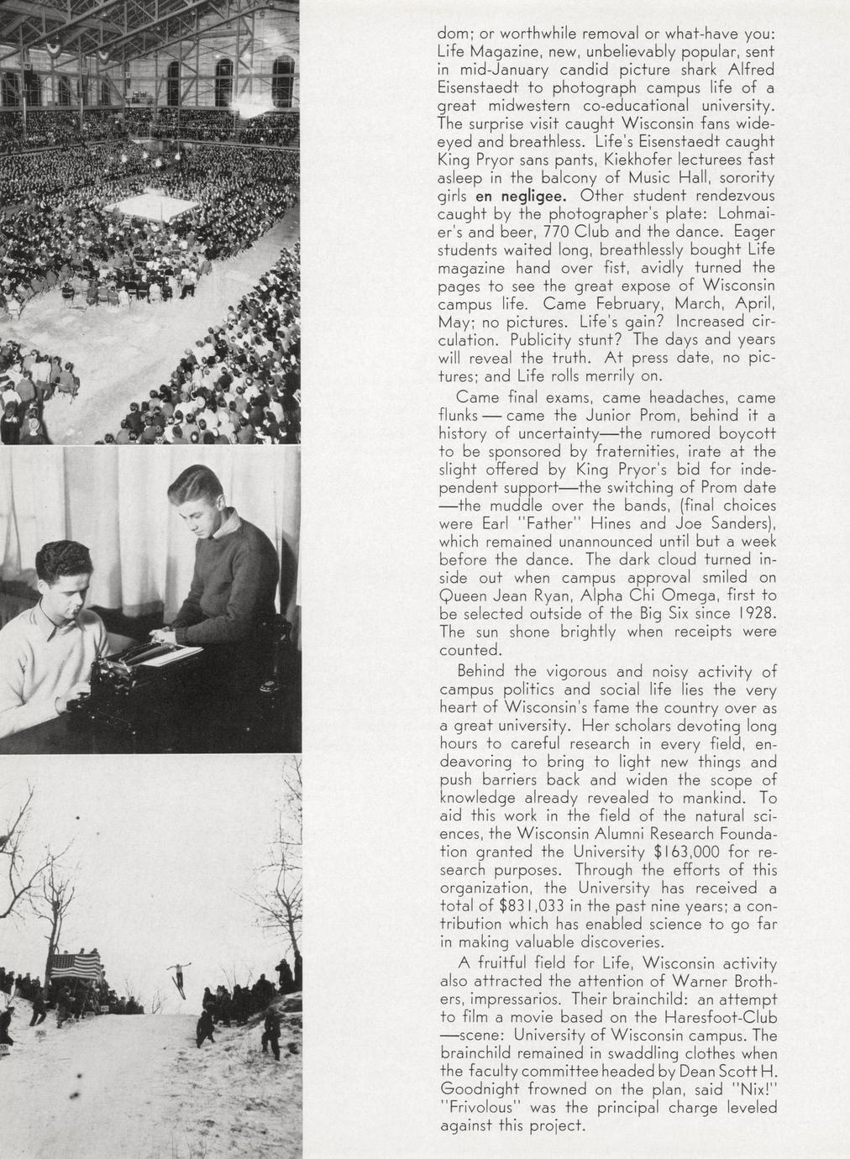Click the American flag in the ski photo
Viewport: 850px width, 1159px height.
[x=76, y=965]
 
